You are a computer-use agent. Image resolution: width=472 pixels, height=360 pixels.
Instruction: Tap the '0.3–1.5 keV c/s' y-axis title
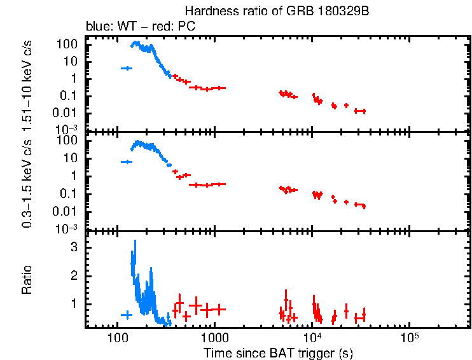28,183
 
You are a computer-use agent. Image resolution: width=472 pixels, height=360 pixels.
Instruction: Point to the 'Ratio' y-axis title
28,280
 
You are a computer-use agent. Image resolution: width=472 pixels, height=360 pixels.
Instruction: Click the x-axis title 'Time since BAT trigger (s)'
278,352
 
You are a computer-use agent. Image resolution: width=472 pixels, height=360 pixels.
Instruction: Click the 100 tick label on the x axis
117,337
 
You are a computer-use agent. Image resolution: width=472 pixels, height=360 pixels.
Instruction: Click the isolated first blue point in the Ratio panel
127,315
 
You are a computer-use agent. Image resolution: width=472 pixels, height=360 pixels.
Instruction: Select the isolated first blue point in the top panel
127,68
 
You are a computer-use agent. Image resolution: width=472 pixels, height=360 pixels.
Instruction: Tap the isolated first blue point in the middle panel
127,162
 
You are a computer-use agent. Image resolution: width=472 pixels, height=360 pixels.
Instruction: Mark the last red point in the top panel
360,111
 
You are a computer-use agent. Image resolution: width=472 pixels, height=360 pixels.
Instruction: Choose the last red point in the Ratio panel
360,316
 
